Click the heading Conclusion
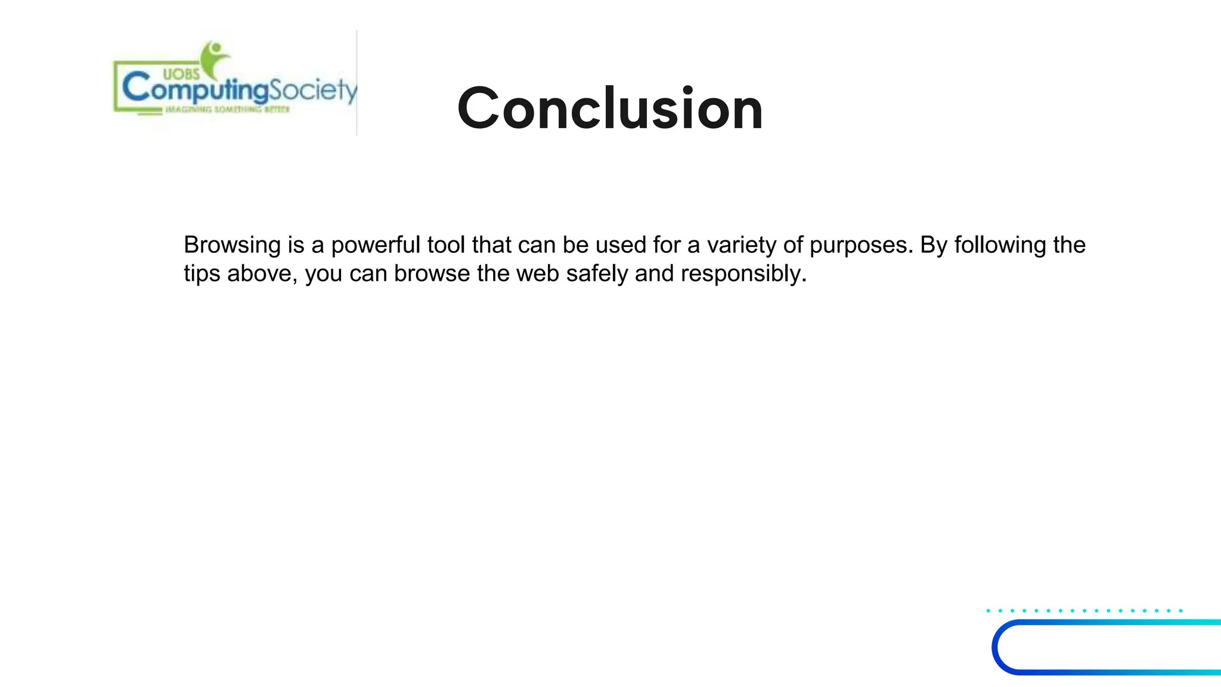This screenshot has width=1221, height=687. point(610,109)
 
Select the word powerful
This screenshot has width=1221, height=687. point(376,245)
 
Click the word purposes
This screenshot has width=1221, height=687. point(861,245)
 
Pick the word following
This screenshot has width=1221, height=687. point(1000,245)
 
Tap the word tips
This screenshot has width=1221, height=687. point(202,274)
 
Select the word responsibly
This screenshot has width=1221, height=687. point(743,274)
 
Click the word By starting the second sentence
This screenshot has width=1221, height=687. point(934,245)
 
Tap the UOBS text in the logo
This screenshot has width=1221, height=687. point(181,75)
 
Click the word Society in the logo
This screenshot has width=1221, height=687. point(313,91)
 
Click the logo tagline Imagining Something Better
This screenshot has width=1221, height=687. point(227,110)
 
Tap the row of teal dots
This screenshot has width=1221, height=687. point(1084,611)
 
